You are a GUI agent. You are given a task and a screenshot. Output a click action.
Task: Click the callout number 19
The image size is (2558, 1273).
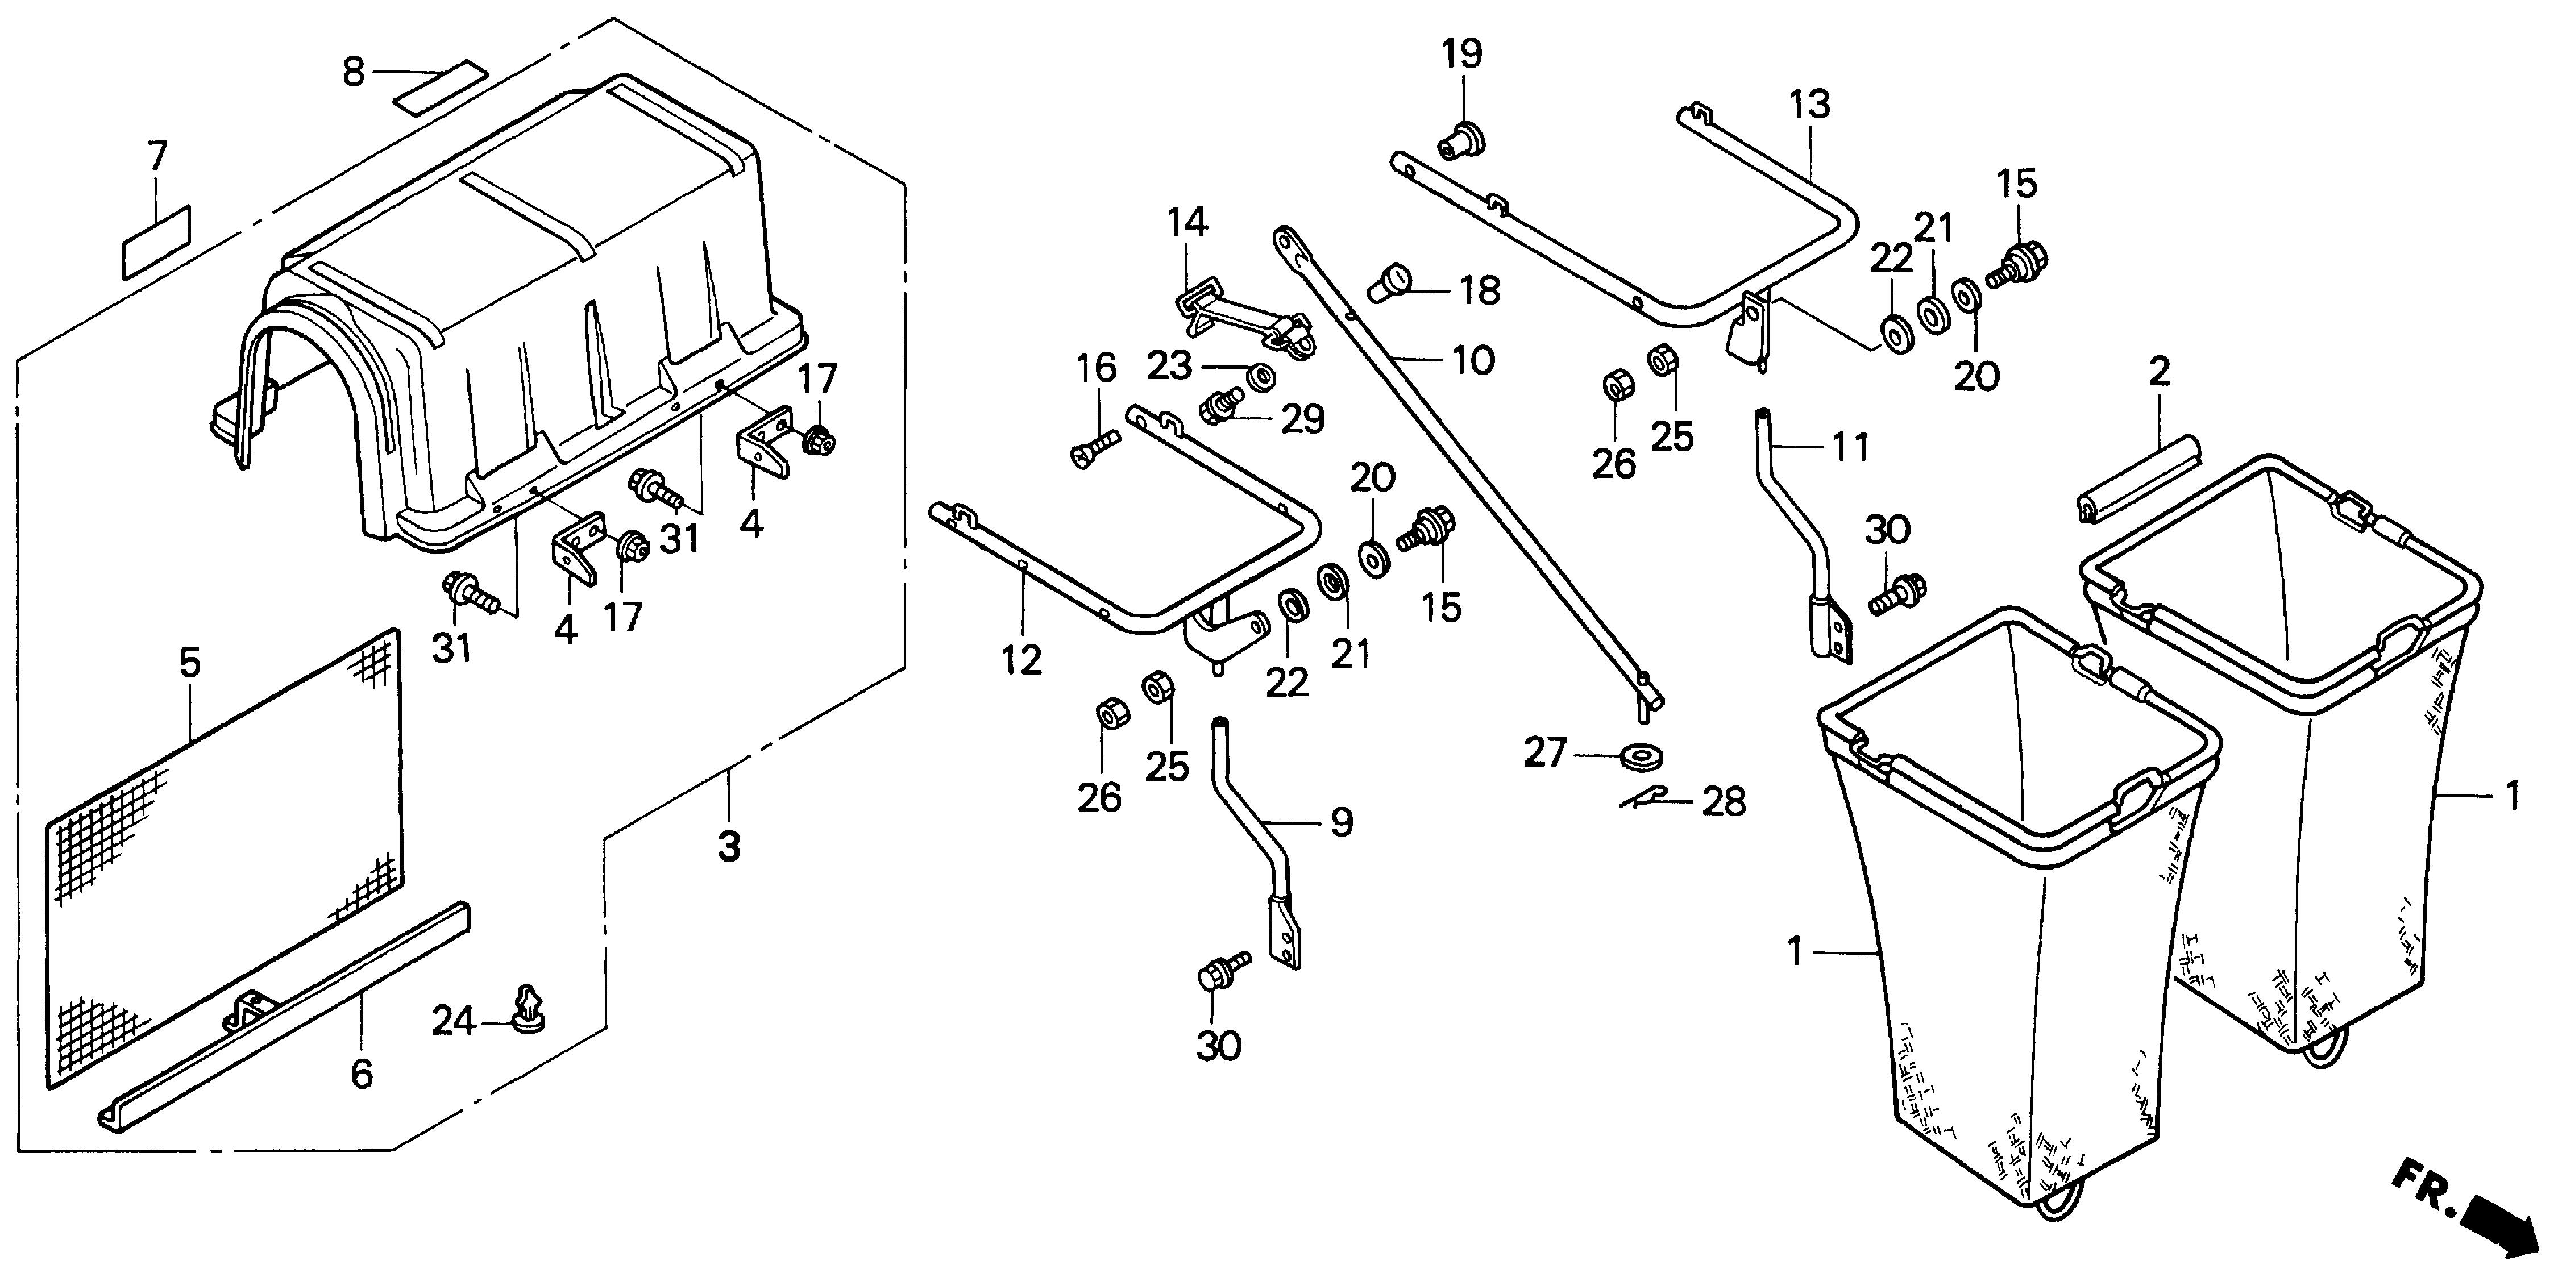[1461, 53]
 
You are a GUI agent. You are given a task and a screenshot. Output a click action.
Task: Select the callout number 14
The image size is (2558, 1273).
[1187, 222]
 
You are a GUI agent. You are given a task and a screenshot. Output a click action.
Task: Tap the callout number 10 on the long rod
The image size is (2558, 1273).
[1473, 360]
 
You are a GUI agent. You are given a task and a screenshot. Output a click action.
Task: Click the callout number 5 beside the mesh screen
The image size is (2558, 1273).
[190, 662]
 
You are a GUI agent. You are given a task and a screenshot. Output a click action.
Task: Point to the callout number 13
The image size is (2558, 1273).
[1809, 104]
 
